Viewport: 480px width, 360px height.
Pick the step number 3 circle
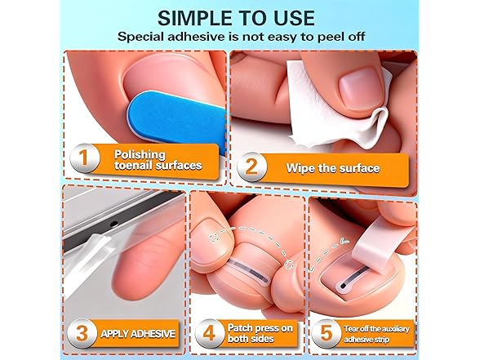(x=82, y=332)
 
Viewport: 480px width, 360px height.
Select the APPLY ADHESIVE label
(x=136, y=333)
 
